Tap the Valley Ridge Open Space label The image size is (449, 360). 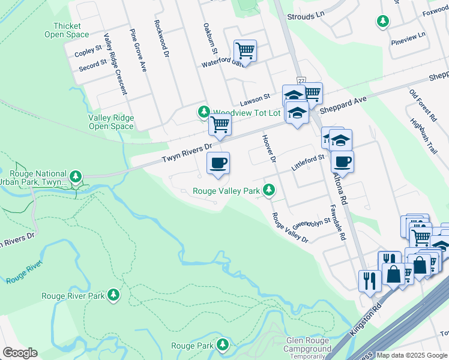click(x=110, y=122)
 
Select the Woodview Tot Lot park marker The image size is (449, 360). click(x=204, y=112)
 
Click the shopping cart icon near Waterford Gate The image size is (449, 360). click(x=244, y=50)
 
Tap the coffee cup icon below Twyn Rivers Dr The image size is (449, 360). click(x=218, y=163)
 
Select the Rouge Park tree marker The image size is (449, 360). click(x=223, y=345)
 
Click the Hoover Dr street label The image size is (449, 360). click(x=268, y=148)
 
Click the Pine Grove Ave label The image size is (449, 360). click(x=139, y=50)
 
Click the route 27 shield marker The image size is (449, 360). click(x=301, y=80)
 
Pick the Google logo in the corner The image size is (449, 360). click(x=20, y=353)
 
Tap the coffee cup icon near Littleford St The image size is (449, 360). click(x=342, y=161)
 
